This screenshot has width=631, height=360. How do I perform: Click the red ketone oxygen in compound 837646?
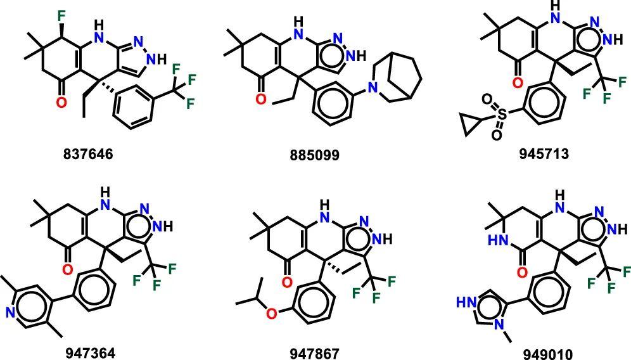point(61,101)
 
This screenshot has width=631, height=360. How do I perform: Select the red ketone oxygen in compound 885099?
point(260,98)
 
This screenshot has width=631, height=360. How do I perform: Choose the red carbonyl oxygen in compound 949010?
point(523,273)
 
